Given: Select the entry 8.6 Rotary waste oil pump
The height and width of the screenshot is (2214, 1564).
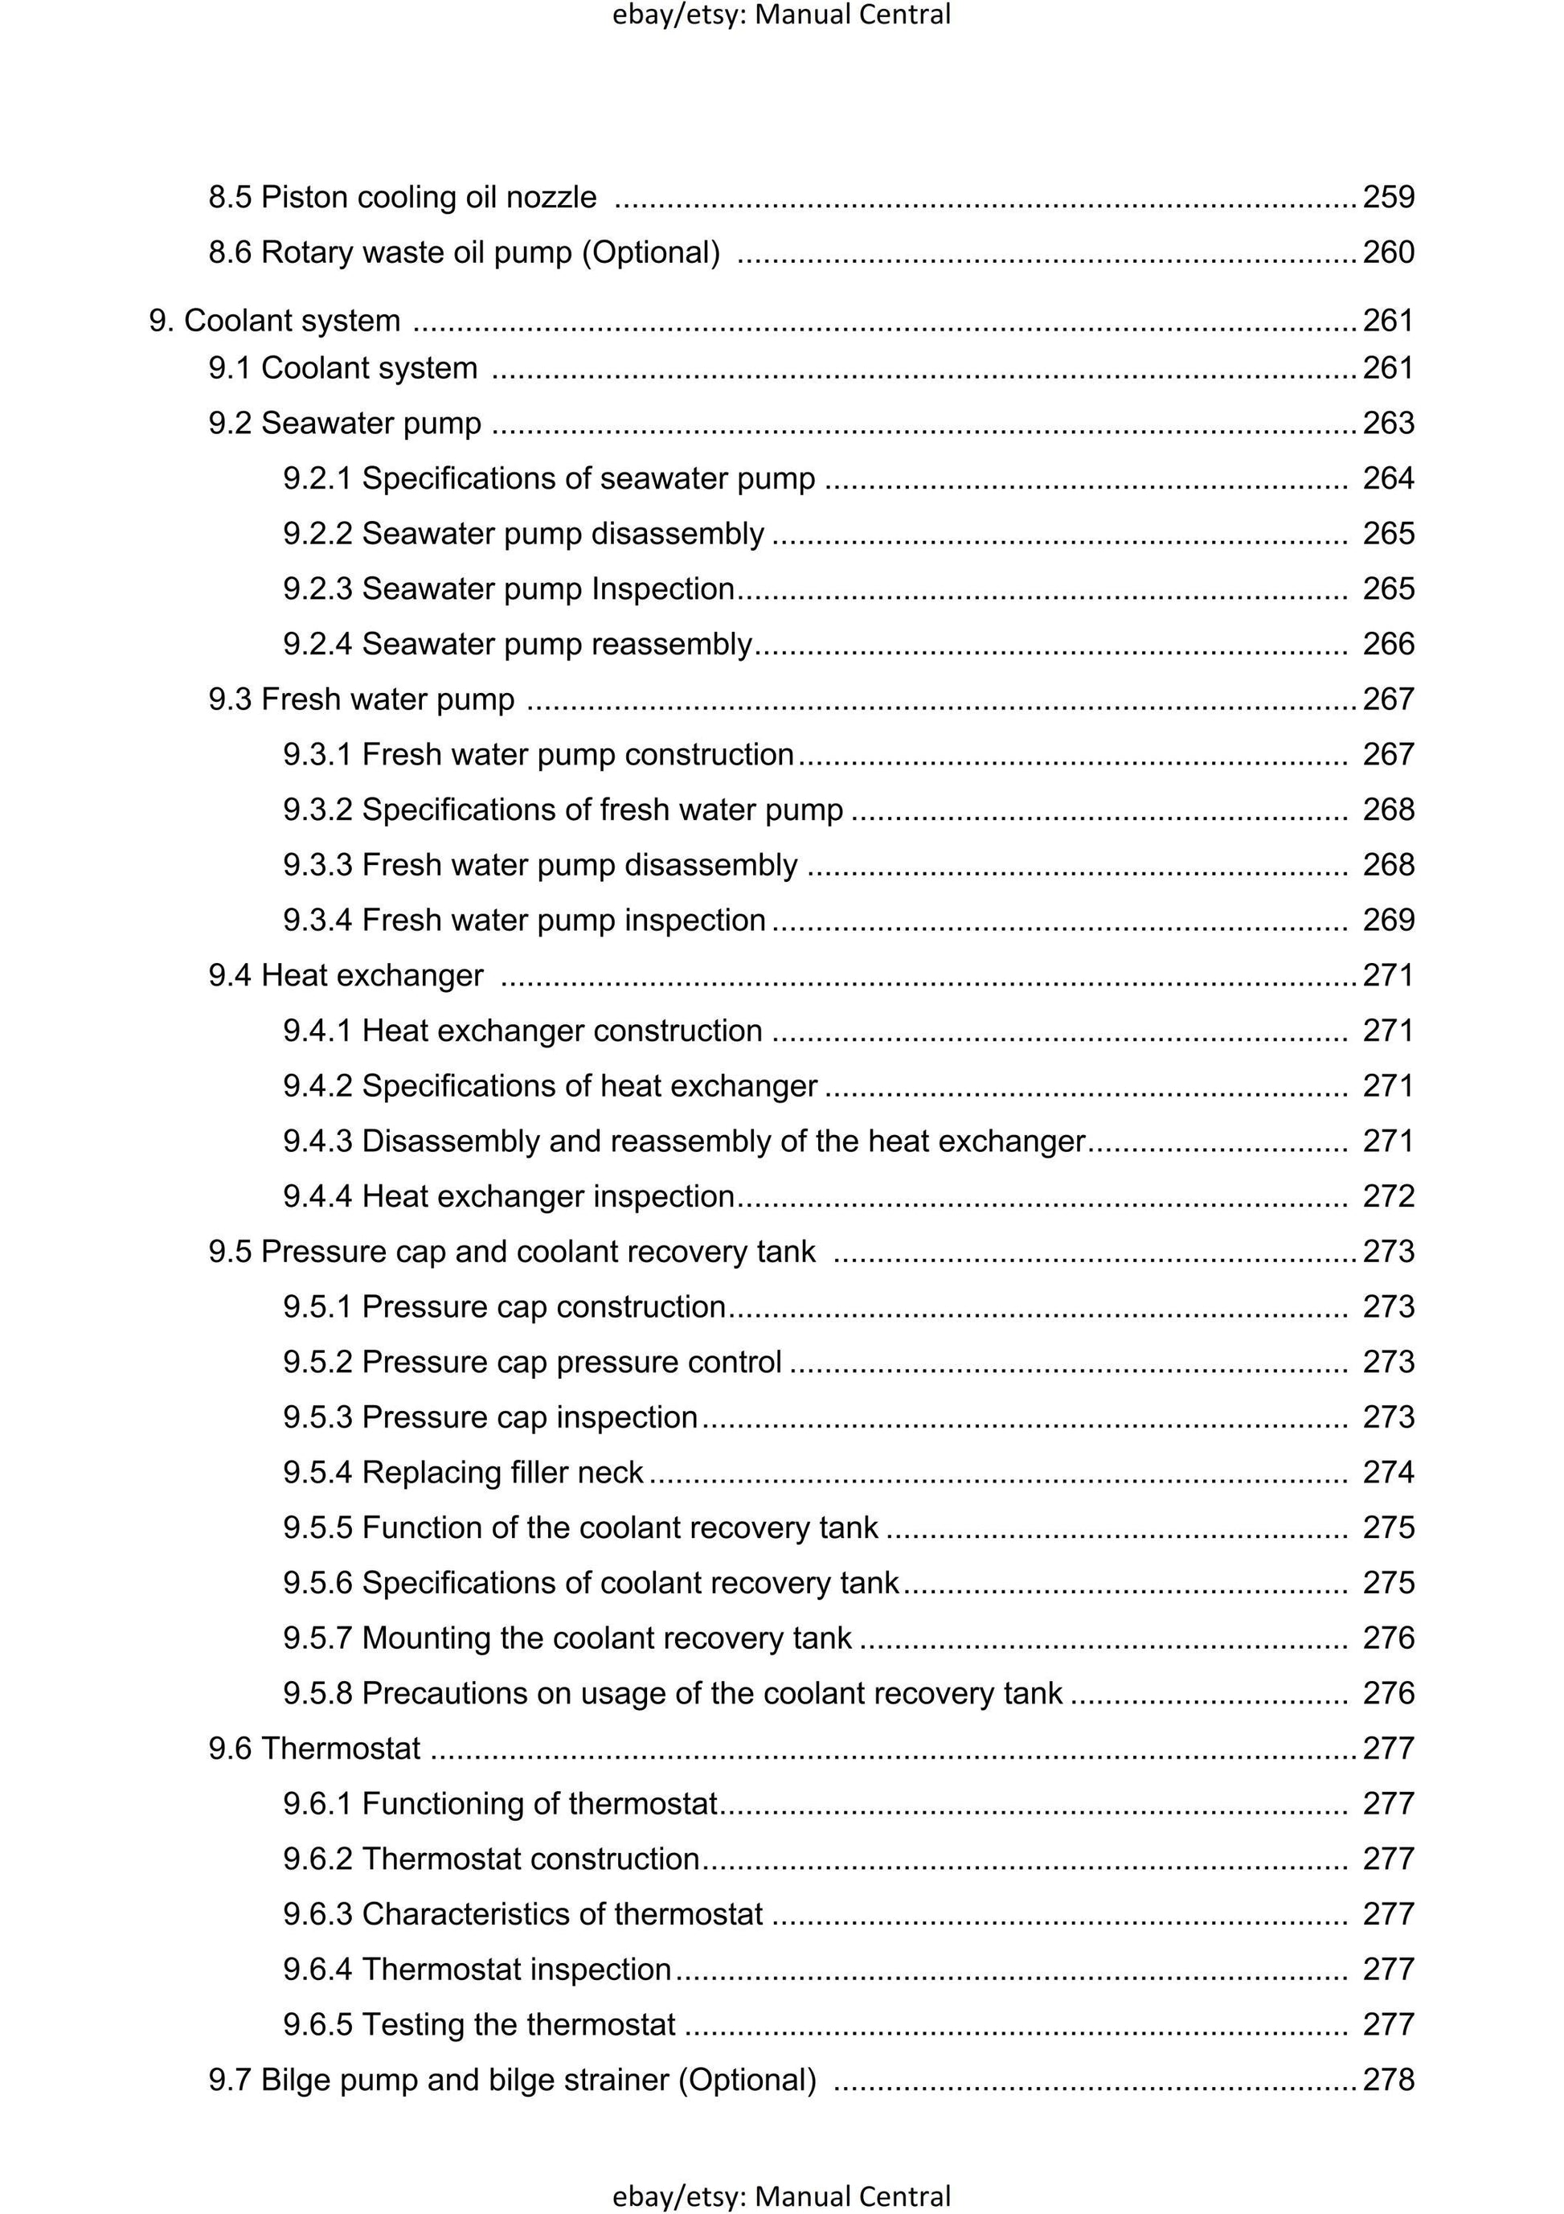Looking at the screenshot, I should (464, 252).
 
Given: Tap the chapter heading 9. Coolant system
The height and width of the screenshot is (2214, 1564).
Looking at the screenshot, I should (275, 321).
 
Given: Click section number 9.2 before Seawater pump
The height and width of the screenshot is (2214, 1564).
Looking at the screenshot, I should (231, 424).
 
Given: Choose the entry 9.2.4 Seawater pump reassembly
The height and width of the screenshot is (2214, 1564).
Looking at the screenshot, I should (517, 644).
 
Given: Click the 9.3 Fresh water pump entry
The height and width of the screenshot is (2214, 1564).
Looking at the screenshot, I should (362, 699).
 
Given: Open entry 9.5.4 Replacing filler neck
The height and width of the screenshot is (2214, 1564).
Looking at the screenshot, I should (463, 1473).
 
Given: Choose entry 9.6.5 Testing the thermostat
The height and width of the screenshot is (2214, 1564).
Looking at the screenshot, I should (479, 2025).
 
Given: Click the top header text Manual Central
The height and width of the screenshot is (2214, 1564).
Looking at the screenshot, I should (853, 14).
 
